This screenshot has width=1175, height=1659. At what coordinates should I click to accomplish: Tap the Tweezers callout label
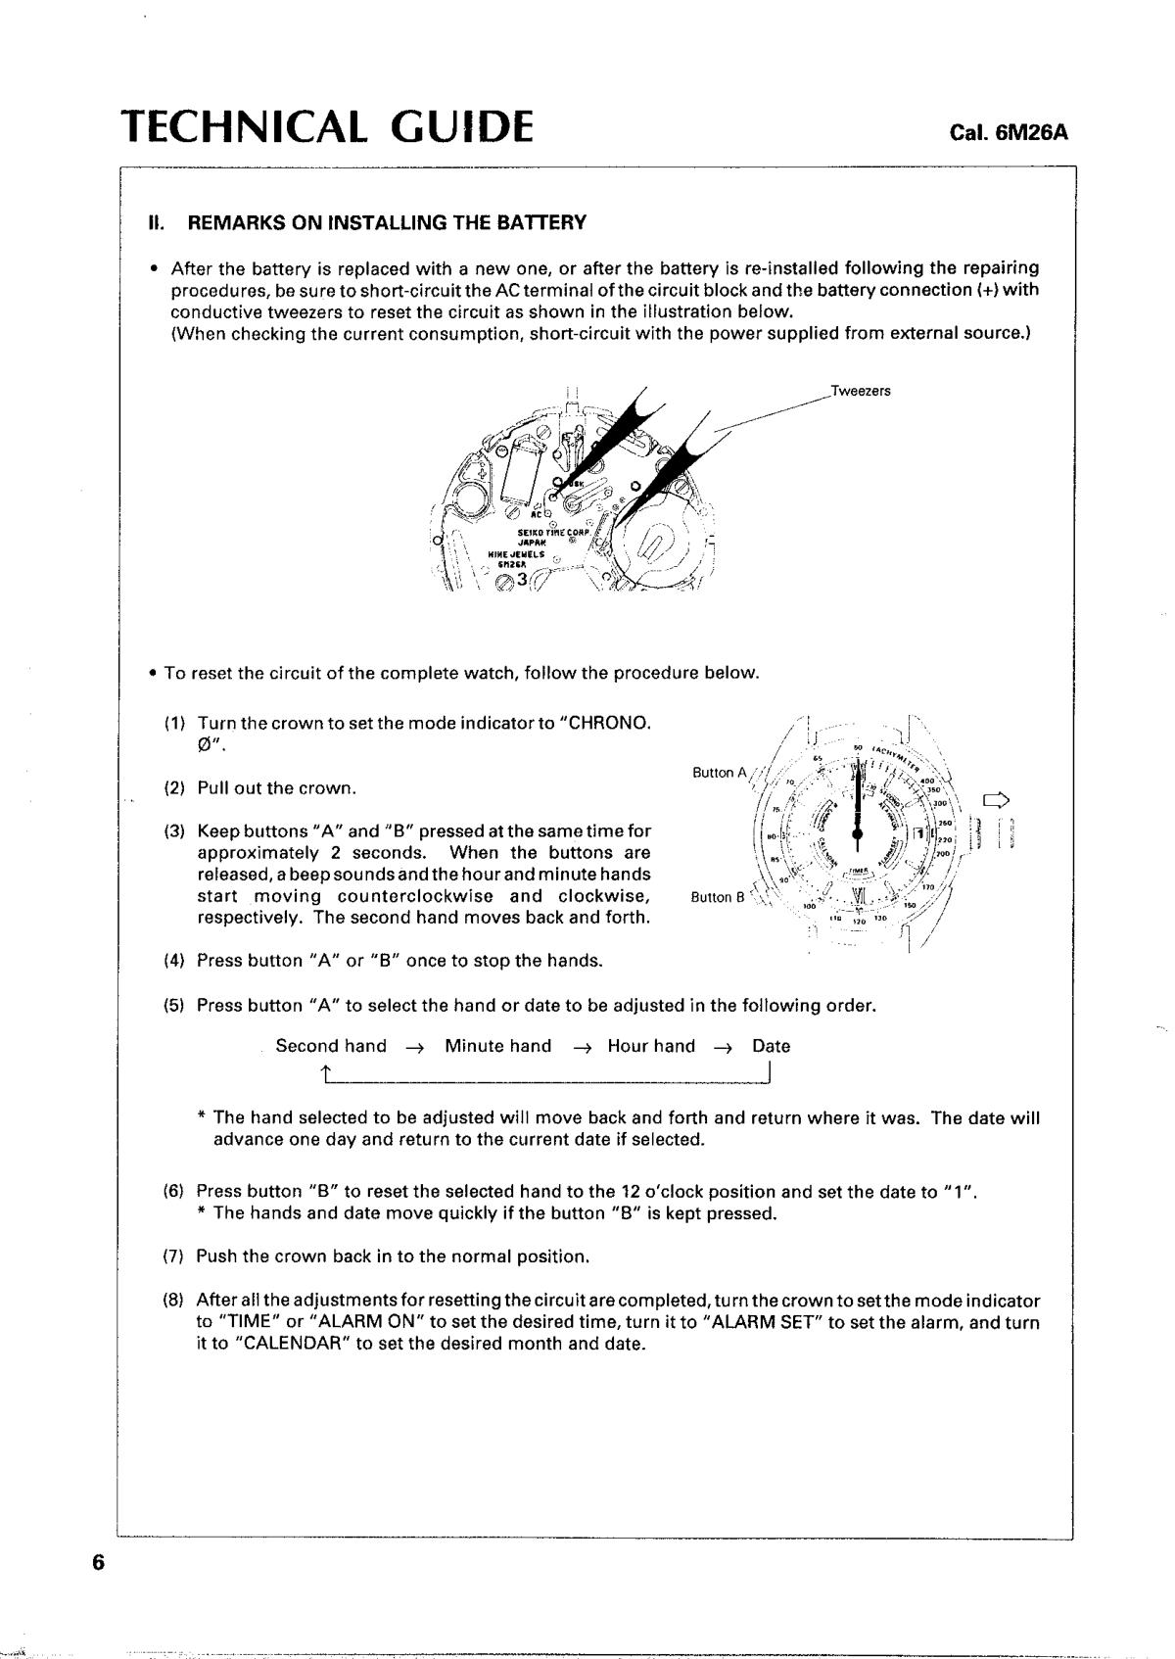861,392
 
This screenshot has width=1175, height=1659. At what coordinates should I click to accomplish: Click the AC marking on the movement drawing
537,513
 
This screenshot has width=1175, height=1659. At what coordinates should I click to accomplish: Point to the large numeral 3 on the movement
522,579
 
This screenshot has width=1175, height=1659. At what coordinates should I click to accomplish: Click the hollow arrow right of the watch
996,800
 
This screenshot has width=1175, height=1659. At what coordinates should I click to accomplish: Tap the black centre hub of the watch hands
858,833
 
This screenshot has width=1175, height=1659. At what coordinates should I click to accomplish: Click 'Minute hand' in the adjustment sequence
497,1046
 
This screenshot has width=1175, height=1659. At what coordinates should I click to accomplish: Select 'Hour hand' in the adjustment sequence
651,1046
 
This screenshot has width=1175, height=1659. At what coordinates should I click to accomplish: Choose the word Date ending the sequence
771,1046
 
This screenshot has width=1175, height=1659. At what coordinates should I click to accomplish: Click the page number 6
97,1563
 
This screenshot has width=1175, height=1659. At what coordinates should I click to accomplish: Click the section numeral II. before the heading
156,223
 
